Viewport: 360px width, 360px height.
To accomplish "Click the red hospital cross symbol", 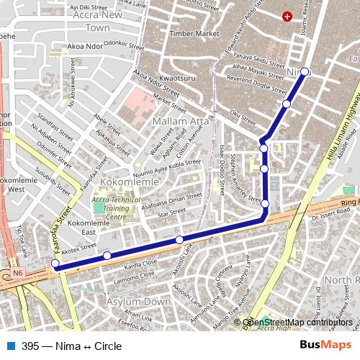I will point(288,16).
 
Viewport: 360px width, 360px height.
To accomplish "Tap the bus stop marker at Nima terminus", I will point(305,71).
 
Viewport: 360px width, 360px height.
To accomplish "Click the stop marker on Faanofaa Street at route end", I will point(55,264).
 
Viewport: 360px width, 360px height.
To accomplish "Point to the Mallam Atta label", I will point(181,121).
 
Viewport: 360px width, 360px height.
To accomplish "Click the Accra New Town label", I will point(98,21).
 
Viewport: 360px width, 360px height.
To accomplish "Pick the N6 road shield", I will point(17,274).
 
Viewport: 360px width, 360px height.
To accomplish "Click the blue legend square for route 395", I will point(9,346).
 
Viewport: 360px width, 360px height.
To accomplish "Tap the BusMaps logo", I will point(326,346).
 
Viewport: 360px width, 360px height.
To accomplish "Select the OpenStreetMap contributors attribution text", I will point(297,323).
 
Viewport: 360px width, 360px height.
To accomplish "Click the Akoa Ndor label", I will point(85,47).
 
